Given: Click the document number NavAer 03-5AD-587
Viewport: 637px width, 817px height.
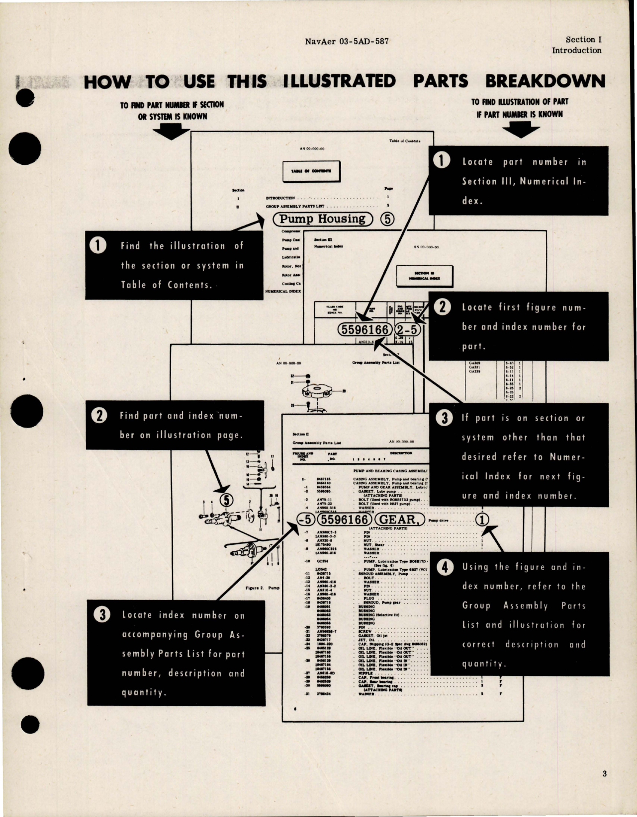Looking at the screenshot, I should [347, 41].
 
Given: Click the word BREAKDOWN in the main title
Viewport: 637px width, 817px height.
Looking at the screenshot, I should [545, 81].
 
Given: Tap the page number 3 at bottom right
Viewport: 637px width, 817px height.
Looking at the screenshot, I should [604, 773].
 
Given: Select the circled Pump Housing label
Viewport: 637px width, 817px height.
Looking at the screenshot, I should [322, 219].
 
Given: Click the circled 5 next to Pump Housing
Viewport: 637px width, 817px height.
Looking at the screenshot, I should [387, 220].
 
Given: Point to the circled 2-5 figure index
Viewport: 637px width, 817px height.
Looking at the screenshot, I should [407, 330].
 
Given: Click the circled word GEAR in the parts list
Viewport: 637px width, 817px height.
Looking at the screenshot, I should [400, 520].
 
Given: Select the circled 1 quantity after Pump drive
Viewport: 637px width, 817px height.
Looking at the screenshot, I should [482, 520].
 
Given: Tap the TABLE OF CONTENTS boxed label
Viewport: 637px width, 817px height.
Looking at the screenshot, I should [311, 171].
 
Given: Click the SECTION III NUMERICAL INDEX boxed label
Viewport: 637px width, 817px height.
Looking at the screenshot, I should [425, 276].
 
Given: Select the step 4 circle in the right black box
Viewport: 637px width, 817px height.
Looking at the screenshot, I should [445, 567].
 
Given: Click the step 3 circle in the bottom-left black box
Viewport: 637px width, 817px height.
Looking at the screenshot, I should [102, 615].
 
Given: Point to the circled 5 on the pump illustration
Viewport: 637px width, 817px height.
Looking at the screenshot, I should [227, 500].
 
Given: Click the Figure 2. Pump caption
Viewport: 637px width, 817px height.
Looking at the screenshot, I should [263, 588].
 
